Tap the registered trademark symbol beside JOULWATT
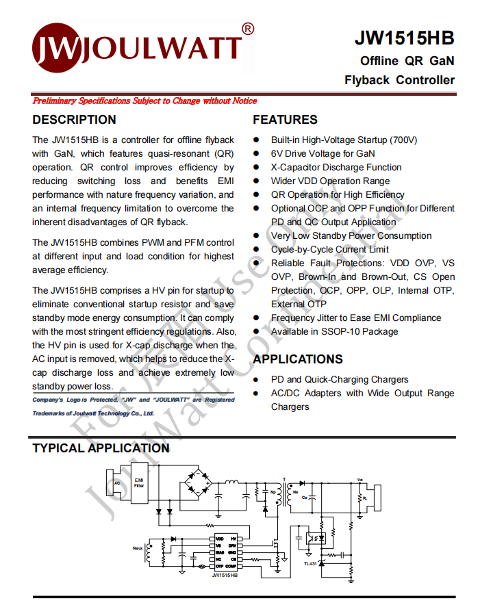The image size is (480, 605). pos(248,29)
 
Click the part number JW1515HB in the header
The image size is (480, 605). pos(404,38)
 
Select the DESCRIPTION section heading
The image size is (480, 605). pos(75,120)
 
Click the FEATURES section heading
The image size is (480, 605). pos(285,120)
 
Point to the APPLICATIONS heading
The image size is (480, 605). pos(298,359)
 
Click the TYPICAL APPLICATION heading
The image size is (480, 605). pos(101,448)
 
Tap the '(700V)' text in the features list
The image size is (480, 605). pos(403,140)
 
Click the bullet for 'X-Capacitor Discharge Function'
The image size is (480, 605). pos(256,167)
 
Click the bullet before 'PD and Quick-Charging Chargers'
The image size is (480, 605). pos(256,379)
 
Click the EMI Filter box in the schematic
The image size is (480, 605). pos(139,483)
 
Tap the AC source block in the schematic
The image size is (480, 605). pos(117,483)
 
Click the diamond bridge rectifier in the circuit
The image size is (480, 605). pos(199,483)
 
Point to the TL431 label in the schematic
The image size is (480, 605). pos(310,563)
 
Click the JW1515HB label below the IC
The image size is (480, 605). pos(225,576)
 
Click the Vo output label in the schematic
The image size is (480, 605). pos(361,480)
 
